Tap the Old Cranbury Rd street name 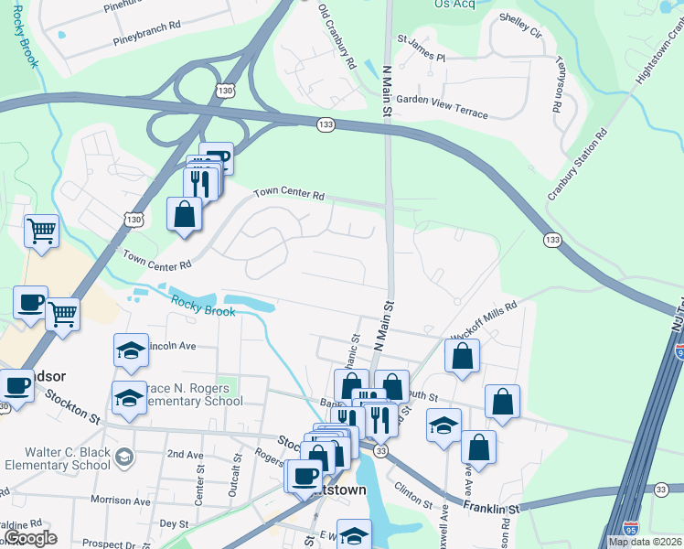337,37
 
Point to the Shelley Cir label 520,26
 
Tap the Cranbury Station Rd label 578,166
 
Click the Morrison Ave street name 120,501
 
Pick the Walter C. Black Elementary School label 58,458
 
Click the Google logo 30,538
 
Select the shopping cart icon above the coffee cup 41,230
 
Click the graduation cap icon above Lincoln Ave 131,350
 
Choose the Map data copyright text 644,542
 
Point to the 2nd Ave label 186,454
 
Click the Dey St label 173,523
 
